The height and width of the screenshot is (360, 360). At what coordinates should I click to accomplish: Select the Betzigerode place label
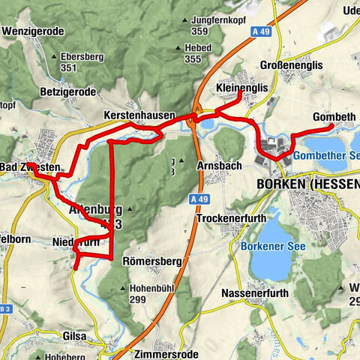coord(69,92)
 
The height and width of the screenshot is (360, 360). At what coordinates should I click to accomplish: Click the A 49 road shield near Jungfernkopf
coord(259,31)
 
